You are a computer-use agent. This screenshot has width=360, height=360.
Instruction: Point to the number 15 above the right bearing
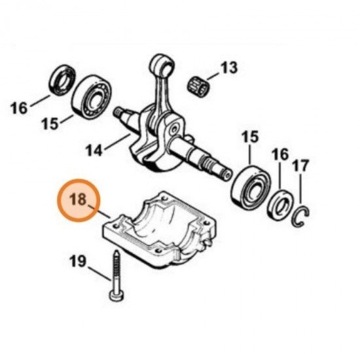250,138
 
